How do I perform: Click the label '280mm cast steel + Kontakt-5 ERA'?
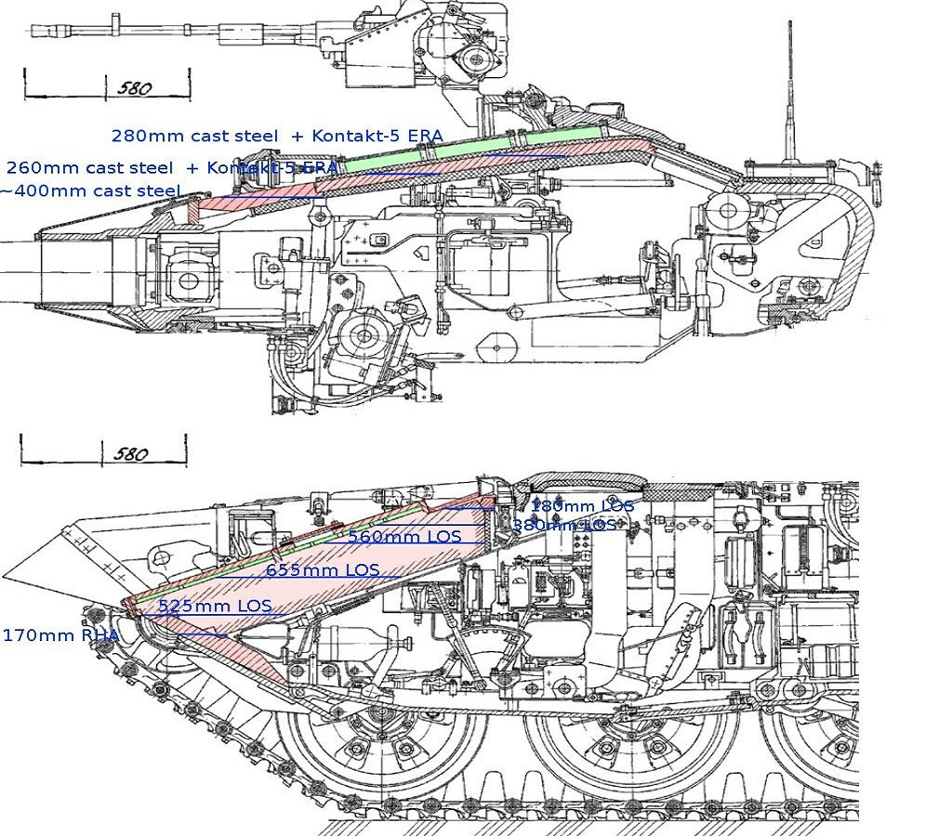click(277, 136)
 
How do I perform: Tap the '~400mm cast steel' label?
click(90, 190)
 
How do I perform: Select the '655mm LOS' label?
click(323, 569)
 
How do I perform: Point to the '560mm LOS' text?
click(404, 536)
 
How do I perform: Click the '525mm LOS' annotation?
click(215, 606)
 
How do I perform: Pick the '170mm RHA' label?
click(60, 635)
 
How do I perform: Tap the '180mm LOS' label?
click(582, 506)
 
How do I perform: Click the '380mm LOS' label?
click(564, 525)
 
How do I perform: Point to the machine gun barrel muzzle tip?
click(35, 30)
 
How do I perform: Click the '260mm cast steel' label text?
click(89, 168)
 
